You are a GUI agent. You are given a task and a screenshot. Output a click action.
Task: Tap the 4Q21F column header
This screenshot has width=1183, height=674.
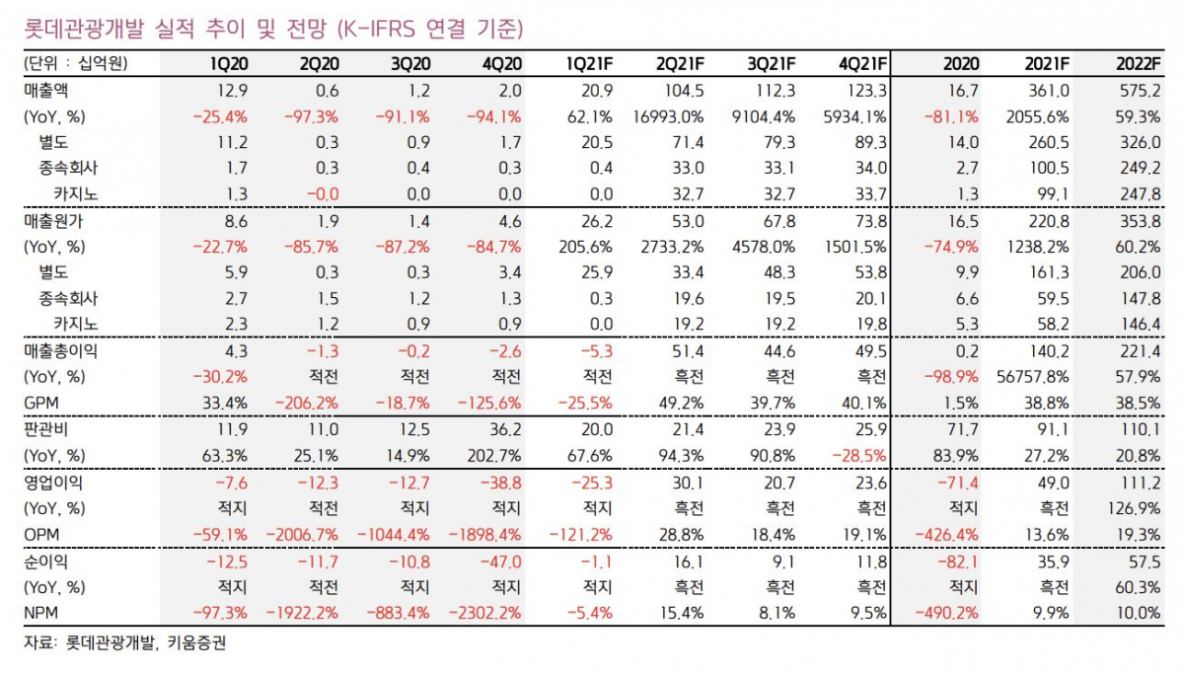click(862, 64)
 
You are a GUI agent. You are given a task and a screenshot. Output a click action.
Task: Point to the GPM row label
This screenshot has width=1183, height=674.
click(40, 404)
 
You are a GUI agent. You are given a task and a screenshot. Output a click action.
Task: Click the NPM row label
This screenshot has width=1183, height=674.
click(41, 612)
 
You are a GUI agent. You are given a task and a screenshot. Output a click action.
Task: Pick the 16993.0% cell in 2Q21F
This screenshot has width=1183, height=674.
click(669, 115)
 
